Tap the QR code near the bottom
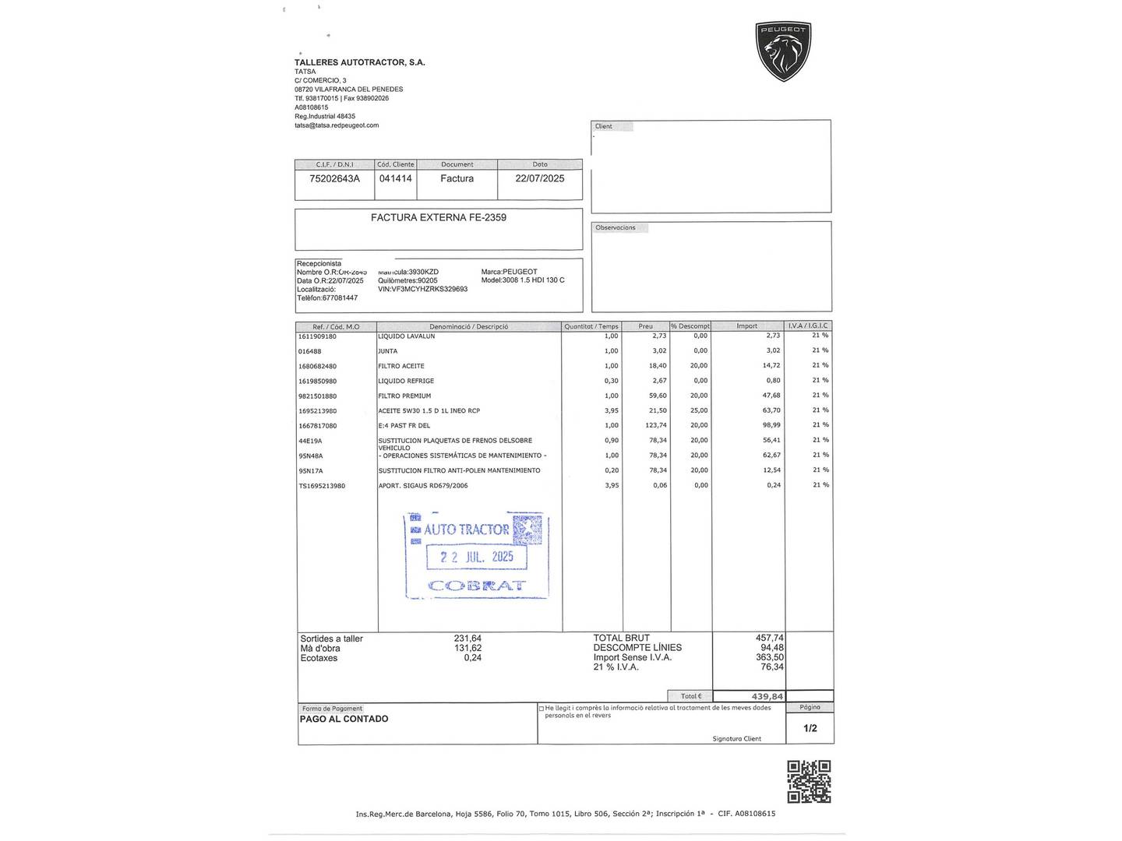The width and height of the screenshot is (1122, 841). click(809, 781)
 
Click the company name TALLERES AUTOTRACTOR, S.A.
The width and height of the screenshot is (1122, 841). click(359, 62)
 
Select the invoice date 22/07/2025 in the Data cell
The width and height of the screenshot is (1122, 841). click(539, 178)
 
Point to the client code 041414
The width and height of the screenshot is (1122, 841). click(395, 178)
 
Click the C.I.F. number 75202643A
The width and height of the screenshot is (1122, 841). click(334, 178)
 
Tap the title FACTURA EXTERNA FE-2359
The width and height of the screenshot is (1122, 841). click(438, 217)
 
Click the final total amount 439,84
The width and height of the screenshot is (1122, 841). click(767, 696)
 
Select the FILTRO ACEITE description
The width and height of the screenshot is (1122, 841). click(401, 366)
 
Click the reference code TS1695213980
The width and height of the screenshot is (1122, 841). click(321, 486)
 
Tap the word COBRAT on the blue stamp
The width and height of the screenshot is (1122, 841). click(477, 586)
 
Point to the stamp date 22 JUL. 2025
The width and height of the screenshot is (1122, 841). click(476, 557)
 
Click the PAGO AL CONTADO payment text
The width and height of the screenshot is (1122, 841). click(344, 719)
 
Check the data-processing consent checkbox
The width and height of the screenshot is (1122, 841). click(542, 709)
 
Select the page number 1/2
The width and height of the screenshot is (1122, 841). click(810, 728)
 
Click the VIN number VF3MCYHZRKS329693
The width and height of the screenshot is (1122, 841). click(422, 289)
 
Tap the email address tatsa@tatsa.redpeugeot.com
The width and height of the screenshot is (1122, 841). click(337, 125)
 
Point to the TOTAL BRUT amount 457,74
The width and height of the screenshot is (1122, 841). click(769, 638)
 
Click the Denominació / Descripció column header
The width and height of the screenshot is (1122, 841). click(468, 326)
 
